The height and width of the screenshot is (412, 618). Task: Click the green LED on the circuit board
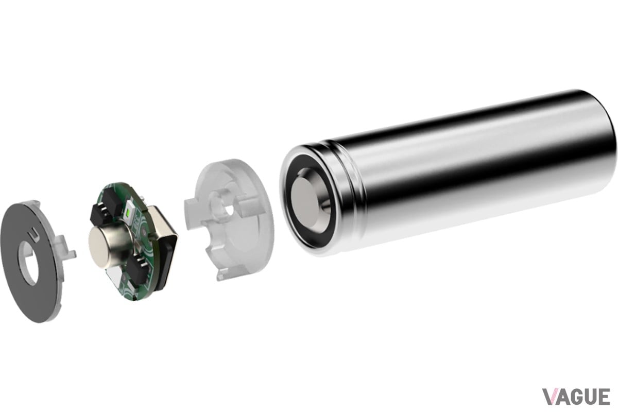pyautogui.click(x=128, y=212)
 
